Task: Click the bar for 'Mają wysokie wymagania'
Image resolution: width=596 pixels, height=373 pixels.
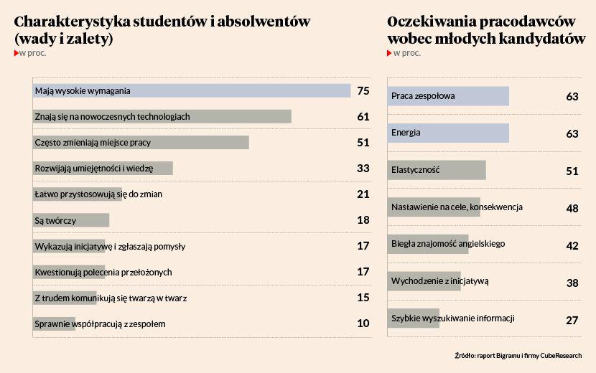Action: coord(192,91)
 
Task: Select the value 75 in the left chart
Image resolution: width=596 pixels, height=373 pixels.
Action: coord(363,91)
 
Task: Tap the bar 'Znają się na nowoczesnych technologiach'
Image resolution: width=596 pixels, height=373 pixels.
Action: coord(162,117)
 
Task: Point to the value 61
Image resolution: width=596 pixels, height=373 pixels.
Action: coord(363,117)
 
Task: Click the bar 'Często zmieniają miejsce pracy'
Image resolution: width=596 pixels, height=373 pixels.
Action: coord(141,143)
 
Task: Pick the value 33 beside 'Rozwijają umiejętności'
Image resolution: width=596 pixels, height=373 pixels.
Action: coord(363,169)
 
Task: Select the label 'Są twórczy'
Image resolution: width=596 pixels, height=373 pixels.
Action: coord(55,220)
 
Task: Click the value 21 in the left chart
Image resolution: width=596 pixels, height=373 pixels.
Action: coord(363,194)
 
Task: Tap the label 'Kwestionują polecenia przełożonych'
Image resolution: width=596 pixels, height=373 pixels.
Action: coord(103,272)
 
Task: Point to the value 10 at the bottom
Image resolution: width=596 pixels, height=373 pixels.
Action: coord(363,324)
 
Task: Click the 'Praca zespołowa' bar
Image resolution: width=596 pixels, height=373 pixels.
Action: coord(449,96)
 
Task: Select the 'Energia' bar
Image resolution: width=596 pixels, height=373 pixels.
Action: coord(449,133)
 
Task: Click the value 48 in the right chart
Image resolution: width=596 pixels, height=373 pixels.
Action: coord(572,209)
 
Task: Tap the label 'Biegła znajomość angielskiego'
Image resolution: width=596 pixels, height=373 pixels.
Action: coord(448,244)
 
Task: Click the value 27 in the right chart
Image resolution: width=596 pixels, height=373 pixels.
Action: coord(572,321)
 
